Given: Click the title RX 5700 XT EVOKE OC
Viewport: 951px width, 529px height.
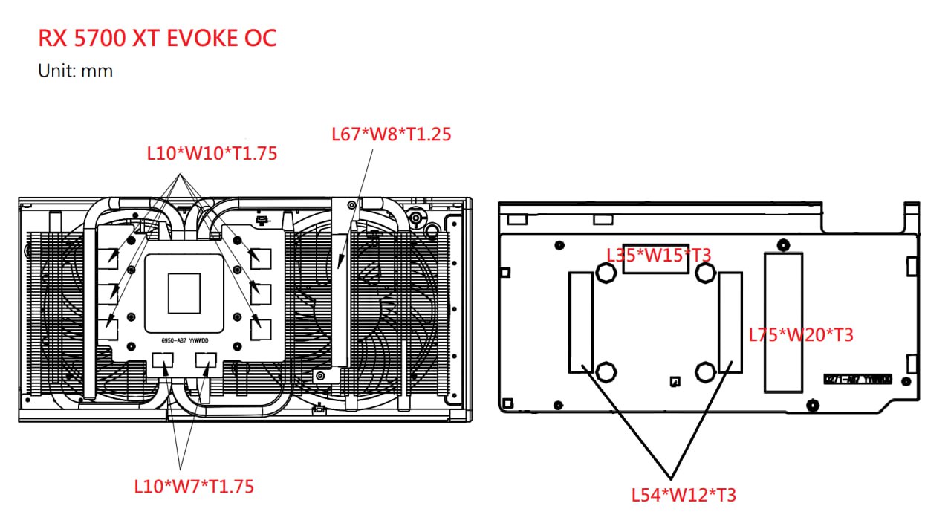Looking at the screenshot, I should (157, 38).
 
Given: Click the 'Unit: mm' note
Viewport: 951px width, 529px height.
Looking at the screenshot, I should (75, 71).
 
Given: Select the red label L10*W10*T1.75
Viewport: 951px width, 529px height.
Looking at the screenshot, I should (212, 153).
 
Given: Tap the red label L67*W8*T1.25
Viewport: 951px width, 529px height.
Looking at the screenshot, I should (391, 134).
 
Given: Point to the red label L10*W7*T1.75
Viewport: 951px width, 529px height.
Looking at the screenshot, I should (194, 487).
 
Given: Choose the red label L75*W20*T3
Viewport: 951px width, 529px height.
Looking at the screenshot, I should (801, 335).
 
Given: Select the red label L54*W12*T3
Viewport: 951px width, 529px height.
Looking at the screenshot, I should (684, 494).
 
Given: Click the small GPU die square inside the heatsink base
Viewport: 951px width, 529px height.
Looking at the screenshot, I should (184, 293).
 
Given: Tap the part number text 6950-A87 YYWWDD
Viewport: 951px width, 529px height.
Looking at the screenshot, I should (185, 342).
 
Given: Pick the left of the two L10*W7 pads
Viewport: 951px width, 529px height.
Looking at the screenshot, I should (162, 360).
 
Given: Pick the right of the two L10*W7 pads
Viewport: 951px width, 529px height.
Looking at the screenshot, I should (206, 360).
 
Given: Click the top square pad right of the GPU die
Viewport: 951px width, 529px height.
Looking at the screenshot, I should (260, 259).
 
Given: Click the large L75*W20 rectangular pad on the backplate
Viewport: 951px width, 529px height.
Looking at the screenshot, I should (784, 322).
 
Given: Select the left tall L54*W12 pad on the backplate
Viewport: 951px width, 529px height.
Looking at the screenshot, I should (581, 322).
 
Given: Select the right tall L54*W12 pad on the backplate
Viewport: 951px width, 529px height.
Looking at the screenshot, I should (730, 322).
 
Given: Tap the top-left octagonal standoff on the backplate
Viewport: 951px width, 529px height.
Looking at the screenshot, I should (606, 273).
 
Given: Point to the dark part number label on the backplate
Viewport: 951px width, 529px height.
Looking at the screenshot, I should (857, 379).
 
